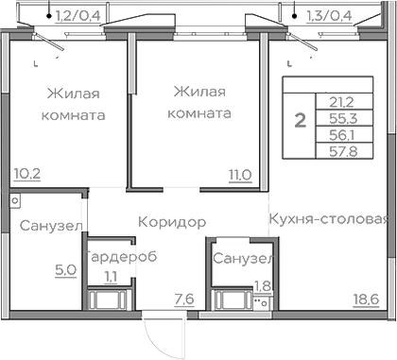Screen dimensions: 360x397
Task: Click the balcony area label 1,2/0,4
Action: click(x=78, y=14)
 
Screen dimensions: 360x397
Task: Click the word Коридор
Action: click(x=172, y=223)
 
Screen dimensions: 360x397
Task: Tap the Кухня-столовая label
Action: click(x=328, y=221)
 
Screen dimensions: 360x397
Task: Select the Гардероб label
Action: click(x=121, y=257)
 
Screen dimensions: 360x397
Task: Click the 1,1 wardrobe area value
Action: click(x=110, y=276)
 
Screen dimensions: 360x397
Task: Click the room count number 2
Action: click(x=301, y=120)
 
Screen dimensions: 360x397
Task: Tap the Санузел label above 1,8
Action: click(x=243, y=258)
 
